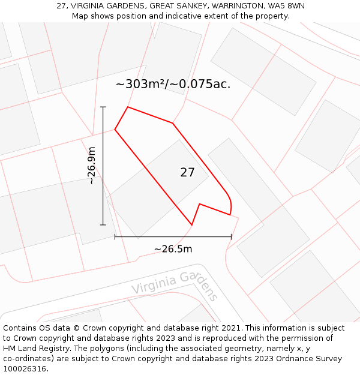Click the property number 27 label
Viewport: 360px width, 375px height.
tap(187, 173)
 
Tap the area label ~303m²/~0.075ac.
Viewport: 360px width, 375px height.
tap(173, 84)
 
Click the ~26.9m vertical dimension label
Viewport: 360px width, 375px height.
tap(92, 166)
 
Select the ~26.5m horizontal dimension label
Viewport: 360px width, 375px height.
tap(173, 249)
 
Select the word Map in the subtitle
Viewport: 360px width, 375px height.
tap(80, 16)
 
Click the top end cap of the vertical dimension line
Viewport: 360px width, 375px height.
tap(103, 107)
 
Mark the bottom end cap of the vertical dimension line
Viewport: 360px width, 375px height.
tap(103, 225)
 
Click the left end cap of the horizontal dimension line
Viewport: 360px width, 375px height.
tap(115, 237)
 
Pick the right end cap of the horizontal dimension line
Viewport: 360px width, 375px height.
tap(231, 237)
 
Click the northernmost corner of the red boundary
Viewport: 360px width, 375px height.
tap(128, 107)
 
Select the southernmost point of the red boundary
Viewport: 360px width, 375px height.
tap(191, 225)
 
